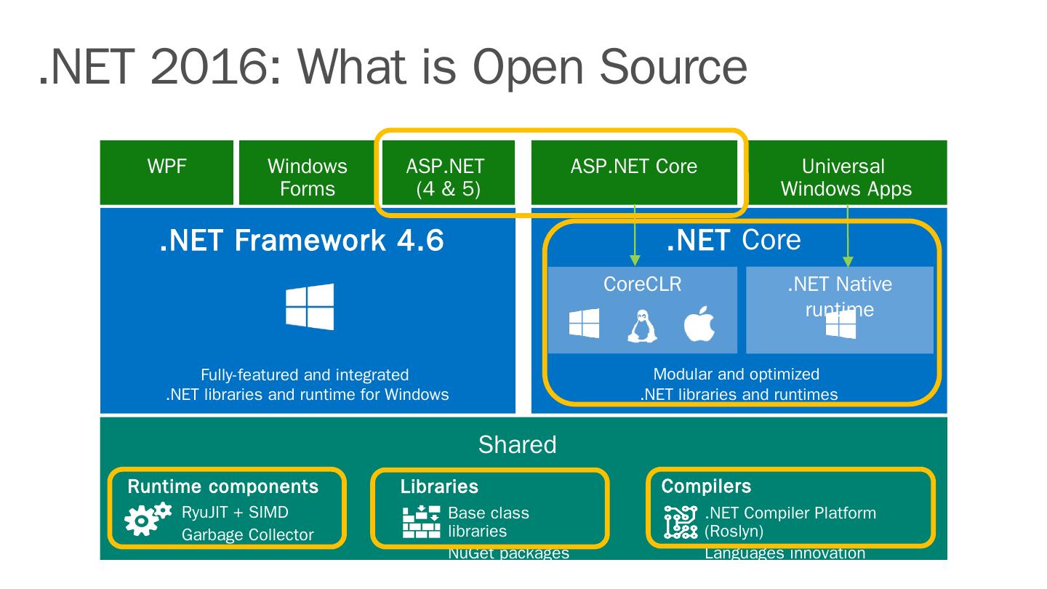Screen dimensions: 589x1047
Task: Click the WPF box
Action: (167, 172)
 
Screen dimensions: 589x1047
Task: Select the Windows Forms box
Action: (307, 177)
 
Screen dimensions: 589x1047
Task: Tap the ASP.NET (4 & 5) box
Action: (445, 177)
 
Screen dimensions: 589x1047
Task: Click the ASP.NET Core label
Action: (633, 167)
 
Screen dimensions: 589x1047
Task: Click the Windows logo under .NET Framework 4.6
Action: (310, 306)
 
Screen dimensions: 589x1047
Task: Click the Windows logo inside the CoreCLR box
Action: (584, 324)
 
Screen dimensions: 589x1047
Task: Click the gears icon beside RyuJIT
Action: (148, 518)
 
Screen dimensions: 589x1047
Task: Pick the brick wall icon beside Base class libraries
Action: (421, 521)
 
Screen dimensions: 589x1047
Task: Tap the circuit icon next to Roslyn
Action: (681, 522)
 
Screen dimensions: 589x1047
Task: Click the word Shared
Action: (517, 444)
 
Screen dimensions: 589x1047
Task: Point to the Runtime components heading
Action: (223, 486)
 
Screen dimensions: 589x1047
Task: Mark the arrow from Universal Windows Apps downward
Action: (848, 234)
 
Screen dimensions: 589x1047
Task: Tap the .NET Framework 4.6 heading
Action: (301, 241)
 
